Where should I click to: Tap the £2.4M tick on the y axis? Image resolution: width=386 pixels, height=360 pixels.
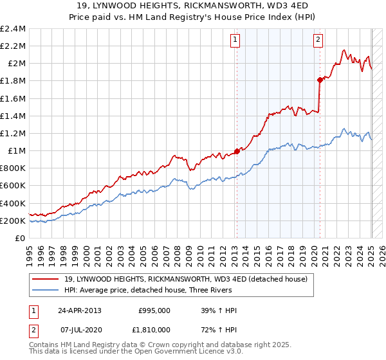[14, 29]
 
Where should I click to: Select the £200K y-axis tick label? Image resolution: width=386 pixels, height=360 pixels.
[13, 221]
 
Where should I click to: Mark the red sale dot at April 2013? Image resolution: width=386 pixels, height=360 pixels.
[237, 151]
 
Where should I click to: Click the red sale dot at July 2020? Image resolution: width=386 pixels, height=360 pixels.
[320, 80]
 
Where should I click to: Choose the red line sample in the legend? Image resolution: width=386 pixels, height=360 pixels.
[46, 279]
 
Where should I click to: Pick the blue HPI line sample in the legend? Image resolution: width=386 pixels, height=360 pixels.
[46, 290]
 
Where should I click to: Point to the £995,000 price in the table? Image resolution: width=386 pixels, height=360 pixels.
[154, 310]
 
